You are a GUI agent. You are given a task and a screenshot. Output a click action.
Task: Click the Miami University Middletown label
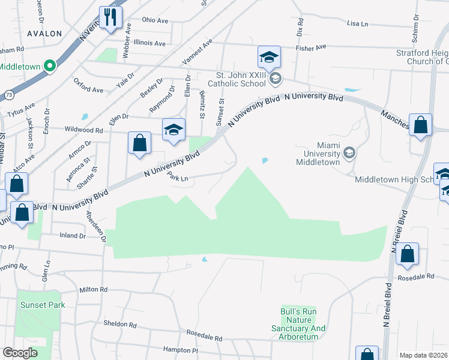point(319,154)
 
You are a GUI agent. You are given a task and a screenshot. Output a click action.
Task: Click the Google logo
point(20,353)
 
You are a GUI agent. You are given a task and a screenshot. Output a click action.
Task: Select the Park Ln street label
point(178,178)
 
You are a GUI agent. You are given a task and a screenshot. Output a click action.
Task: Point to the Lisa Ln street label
point(357,23)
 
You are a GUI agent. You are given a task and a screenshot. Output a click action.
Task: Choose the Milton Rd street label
point(93,289)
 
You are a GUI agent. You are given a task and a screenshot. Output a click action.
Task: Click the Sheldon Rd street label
point(120,324)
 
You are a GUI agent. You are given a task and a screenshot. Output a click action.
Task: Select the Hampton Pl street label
point(180,349)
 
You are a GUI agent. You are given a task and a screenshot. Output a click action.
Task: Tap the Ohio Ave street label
point(155,20)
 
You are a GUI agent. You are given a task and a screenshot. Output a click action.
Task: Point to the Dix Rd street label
point(300,25)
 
